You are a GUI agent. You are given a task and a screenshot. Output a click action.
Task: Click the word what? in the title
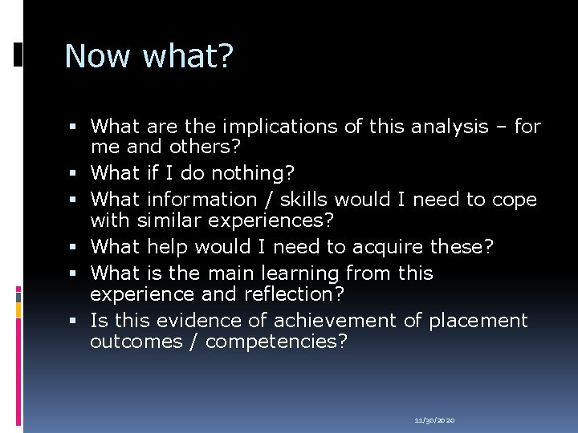coord(186,56)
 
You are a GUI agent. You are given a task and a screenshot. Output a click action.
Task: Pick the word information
coord(199,199)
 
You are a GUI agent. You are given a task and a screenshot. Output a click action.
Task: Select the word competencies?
coord(277,342)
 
